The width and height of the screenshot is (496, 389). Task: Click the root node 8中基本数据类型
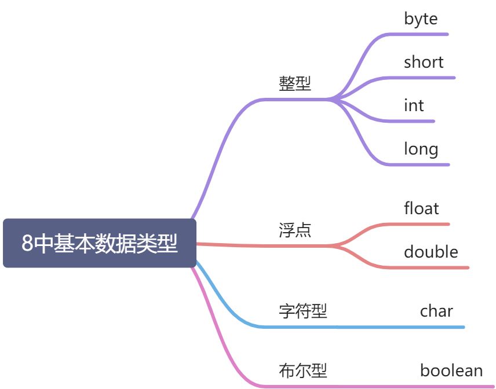pos(100,243)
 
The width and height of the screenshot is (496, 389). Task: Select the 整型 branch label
pos(295,84)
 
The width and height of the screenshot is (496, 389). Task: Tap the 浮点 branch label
pos(295,230)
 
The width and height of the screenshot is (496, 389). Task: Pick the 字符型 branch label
pos(303,311)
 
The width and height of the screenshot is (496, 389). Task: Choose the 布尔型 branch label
pos(303,370)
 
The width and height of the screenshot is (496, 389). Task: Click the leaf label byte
pos(421,19)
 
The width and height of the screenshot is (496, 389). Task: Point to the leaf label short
pos(424,62)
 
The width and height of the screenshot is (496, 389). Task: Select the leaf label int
pos(414,105)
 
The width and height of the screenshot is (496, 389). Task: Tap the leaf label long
pos(421,149)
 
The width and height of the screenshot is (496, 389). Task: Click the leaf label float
pos(421,208)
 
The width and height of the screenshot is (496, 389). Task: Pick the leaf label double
pos(431,252)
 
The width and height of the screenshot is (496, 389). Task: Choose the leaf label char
pos(436,311)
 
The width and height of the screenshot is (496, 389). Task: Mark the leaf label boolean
pos(451,370)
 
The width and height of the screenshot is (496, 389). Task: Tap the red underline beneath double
pos(435,267)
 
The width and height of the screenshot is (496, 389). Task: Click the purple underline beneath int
pos(417,121)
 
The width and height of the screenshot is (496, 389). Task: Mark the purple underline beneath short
pos(429,78)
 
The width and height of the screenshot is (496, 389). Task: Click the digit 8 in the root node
pos(27,244)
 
